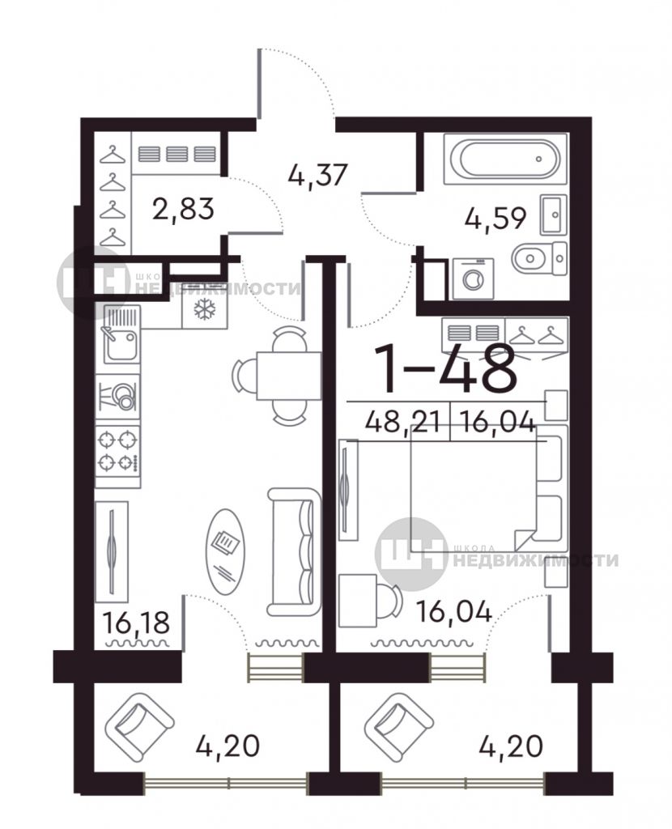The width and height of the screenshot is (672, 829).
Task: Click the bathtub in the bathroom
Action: pos(505,158)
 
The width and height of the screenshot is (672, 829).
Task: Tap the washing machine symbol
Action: pos(473,278)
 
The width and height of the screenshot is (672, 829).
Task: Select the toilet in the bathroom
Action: pos(540,258)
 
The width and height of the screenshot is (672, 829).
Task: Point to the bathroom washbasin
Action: pos(553,215)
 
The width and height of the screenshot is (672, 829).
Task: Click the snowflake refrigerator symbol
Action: pos(205,309)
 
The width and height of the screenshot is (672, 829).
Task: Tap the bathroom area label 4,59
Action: pos(495,218)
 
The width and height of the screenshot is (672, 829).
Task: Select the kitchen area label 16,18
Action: pos(136,622)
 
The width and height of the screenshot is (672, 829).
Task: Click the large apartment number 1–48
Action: pos(445,368)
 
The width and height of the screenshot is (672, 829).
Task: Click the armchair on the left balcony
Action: pos(139,723)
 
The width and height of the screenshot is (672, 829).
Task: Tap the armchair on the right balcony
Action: pos(398,723)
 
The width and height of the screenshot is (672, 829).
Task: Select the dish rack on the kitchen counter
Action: pos(118,395)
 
